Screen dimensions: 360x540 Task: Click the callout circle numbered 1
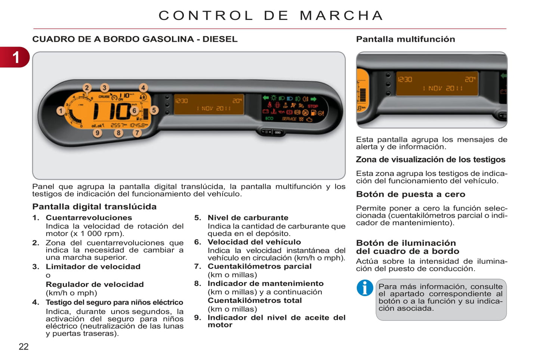[61, 111]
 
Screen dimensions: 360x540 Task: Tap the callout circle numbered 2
[87, 88]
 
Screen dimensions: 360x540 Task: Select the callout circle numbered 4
[143, 88]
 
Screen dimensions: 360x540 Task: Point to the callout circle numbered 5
[154, 110]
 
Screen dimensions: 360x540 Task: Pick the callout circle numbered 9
[98, 133]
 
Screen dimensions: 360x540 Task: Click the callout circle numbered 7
[137, 133]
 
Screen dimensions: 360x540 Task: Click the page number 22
[24, 347]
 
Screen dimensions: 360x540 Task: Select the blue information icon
[365, 288]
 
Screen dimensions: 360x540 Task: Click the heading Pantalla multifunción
[405, 39]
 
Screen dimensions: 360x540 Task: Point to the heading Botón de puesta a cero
[410, 194]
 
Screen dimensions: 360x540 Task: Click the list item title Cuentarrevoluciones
[89, 218]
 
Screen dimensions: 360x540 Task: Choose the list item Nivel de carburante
[248, 218]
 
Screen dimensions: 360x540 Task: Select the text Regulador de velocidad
[95, 284]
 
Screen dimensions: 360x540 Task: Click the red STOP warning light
[313, 106]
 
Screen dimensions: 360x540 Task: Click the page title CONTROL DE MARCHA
[271, 15]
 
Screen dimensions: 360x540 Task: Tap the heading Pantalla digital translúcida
[94, 207]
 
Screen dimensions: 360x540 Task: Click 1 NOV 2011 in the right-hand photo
[442, 89]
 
